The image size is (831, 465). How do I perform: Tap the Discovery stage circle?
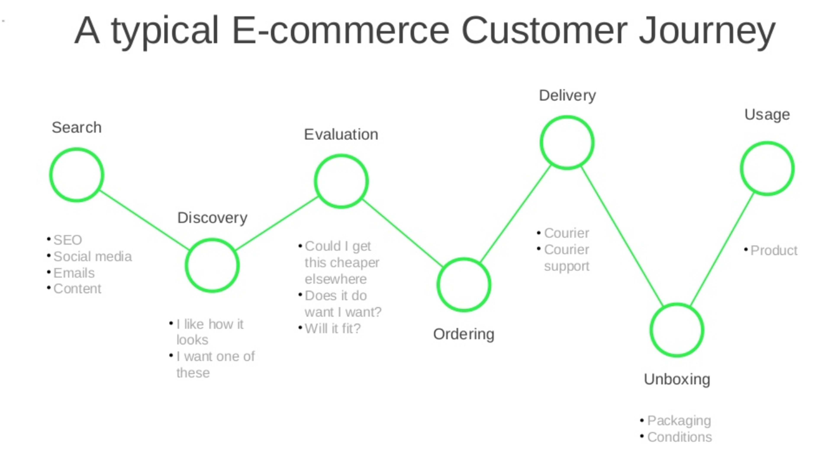coord(212,265)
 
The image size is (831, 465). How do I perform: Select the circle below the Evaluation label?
coord(341,181)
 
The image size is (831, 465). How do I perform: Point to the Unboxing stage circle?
coord(677,330)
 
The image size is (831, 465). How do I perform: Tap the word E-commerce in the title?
coord(340,31)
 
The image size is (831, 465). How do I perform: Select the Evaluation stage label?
coord(341,134)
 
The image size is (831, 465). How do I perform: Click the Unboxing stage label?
coord(677,379)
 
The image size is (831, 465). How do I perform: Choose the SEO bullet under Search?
coord(68,240)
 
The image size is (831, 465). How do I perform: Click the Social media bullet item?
coord(92,256)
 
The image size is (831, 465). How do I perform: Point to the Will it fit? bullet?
coord(332,328)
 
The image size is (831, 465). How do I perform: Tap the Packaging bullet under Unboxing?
coord(679,420)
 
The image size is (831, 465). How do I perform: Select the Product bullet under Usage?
coord(774,250)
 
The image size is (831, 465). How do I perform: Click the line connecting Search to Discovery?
coord(144,220)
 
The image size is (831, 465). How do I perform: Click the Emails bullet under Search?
coord(74,273)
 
